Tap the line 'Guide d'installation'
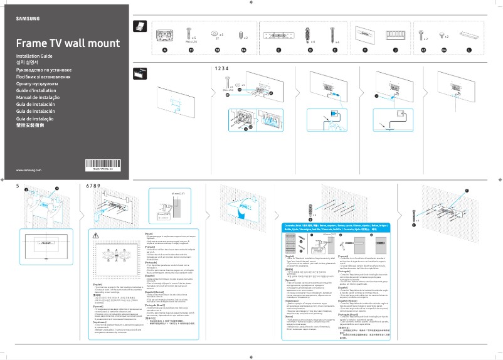[36, 90]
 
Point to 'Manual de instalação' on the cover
[38, 97]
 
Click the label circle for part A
[164, 50]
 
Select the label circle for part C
[278, 50]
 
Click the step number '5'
[18, 186]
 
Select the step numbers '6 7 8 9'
[92, 186]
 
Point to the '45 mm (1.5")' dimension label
[179, 194]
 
